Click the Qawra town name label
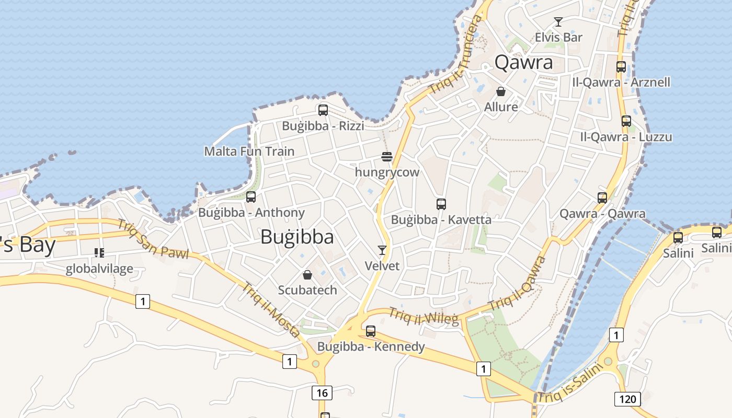coord(523,62)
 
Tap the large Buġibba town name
coord(297,237)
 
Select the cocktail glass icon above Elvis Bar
coord(558,22)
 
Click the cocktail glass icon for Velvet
coord(382,250)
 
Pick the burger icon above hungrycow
coord(387,156)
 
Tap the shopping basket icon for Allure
coord(501,91)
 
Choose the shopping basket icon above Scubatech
coord(307,274)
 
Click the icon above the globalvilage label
coord(99,253)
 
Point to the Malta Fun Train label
coord(249,152)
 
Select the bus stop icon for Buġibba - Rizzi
coord(323,110)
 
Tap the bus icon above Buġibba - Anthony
coord(251,197)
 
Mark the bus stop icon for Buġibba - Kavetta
coord(441,204)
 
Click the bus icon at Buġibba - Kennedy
coord(371,331)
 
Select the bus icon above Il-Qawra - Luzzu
coord(626,121)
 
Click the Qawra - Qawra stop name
coord(602,214)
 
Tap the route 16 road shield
coord(322,393)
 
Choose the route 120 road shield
coord(627,400)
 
